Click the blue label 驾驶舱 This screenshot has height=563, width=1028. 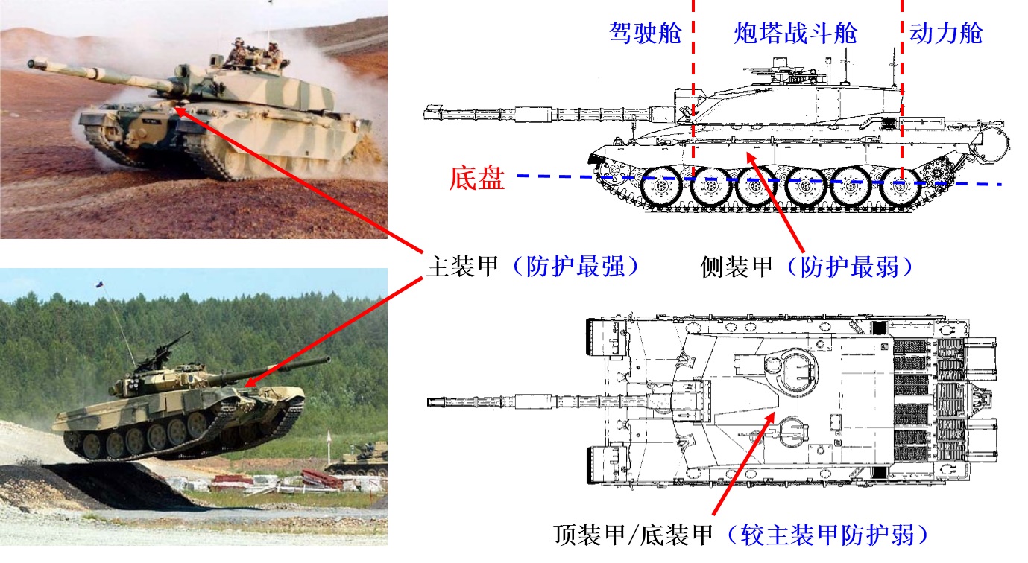pos(645,34)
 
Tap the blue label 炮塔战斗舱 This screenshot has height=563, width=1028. pos(795,34)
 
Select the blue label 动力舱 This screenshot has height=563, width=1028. pos(945,34)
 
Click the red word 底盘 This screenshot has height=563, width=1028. pos(477,179)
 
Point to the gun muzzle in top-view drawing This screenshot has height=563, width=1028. pos(432,402)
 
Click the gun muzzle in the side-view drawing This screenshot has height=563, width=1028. pos(429,114)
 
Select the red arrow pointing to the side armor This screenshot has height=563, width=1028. pos(775,201)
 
